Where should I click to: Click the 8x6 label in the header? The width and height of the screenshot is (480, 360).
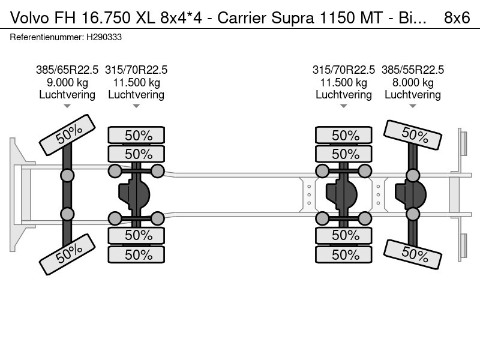[457, 18]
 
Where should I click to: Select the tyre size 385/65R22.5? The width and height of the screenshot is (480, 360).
[67, 70]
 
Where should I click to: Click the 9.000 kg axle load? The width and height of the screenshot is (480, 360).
[67, 82]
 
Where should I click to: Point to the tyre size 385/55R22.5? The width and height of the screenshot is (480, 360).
[412, 70]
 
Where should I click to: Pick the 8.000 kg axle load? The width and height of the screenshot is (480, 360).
[412, 82]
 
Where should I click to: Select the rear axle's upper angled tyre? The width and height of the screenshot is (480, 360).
[412, 136]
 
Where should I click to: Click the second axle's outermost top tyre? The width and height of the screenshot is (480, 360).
[136, 135]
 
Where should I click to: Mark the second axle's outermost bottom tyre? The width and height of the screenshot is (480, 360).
[136, 255]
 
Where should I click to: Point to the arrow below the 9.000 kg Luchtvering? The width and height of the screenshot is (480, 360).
[67, 106]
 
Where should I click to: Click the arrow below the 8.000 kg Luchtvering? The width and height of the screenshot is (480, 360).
[412, 106]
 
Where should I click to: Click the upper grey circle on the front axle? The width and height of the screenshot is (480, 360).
[67, 176]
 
